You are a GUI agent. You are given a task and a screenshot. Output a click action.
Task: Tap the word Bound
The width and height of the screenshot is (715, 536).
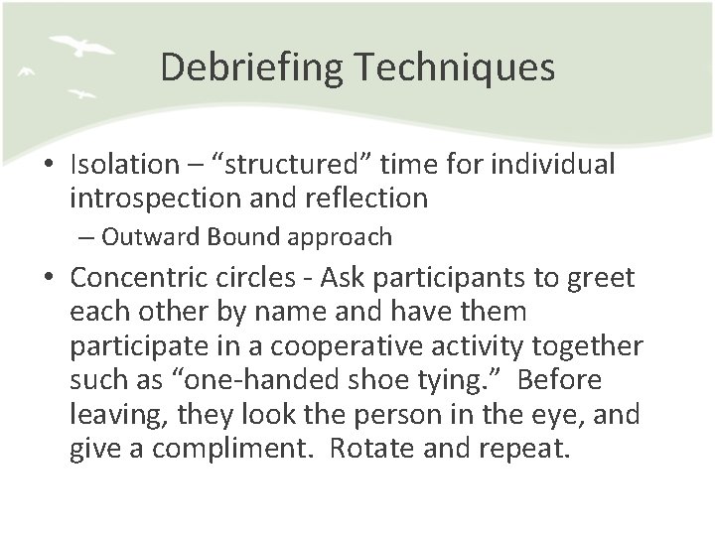[239, 238]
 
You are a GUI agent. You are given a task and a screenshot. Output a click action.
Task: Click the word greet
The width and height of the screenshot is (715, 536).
[600, 275]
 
